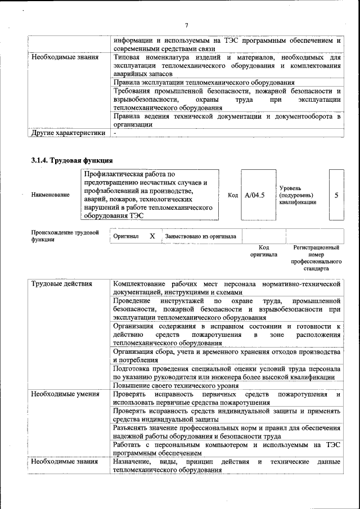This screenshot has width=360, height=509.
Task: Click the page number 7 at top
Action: pos(186,25)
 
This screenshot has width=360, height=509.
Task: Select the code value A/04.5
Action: pos(255,195)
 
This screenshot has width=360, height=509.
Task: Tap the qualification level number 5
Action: pos(336,195)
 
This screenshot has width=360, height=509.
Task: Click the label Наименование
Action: pos(51,195)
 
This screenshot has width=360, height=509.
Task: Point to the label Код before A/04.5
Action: pos(232,195)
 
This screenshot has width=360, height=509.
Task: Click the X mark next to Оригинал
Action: pos(152,236)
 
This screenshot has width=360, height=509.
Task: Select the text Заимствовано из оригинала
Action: pos(200,237)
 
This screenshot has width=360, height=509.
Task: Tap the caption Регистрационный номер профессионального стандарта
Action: pos(316,258)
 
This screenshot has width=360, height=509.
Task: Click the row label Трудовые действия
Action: pos(62,284)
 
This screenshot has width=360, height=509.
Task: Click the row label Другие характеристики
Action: pos(68,133)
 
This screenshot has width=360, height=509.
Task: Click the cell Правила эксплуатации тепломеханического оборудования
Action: pos(203,83)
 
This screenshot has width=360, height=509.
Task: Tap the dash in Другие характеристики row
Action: pos(115,133)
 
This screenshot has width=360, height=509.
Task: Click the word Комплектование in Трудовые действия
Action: pos(141,284)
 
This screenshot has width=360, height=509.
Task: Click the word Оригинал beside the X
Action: pos(126,237)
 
